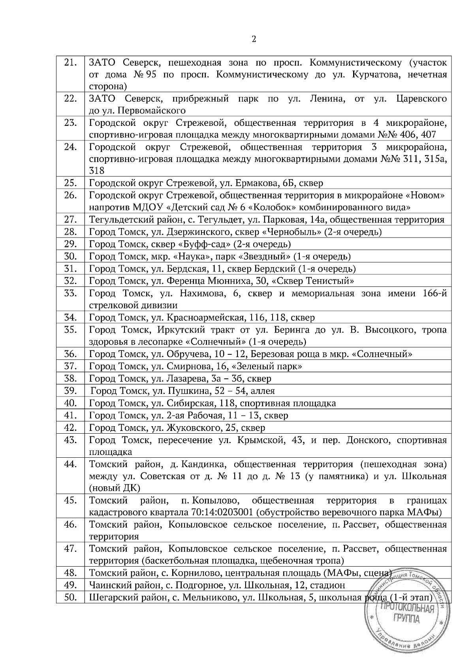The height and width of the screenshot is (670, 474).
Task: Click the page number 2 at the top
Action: pos(254,39)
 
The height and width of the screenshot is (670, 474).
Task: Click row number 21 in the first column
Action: pos(70,63)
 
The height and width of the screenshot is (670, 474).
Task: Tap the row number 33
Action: pos(70,293)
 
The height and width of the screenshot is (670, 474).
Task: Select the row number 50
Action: pos(70,597)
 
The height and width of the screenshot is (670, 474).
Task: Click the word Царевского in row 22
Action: pos(421,99)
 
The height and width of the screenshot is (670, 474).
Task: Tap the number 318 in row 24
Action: pos(97,170)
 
